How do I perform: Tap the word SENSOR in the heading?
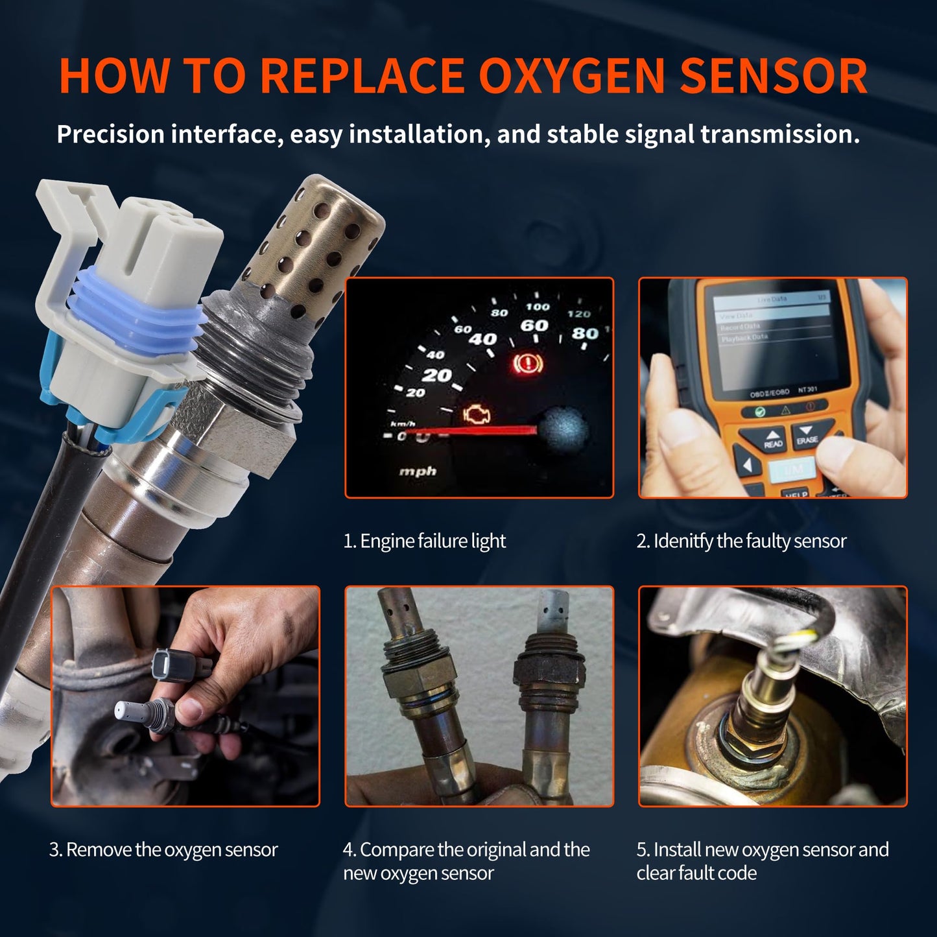[774, 76]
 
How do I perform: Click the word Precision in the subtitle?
[111, 134]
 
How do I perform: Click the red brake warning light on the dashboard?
[527, 363]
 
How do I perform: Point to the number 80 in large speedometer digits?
[584, 333]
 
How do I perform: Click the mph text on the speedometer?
[418, 471]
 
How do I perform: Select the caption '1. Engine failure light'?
[424, 541]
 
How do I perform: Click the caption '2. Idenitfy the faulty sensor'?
[741, 541]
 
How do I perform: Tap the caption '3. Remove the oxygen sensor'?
[163, 849]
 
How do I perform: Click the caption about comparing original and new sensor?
[466, 860]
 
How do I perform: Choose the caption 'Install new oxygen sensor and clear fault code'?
[762, 860]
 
